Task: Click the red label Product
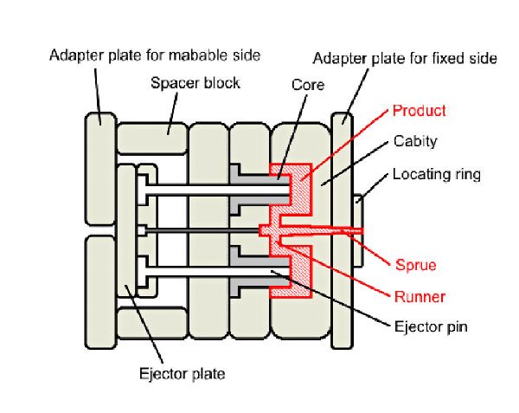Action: point(420,111)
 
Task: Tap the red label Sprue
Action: point(416,266)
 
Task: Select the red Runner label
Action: point(419,297)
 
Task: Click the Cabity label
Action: point(415,141)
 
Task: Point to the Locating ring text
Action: point(436,174)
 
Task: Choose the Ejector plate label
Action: point(183,374)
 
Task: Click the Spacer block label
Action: point(195,83)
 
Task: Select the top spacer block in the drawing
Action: point(151,137)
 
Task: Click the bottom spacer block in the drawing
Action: point(151,322)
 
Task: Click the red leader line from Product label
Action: point(346,145)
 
